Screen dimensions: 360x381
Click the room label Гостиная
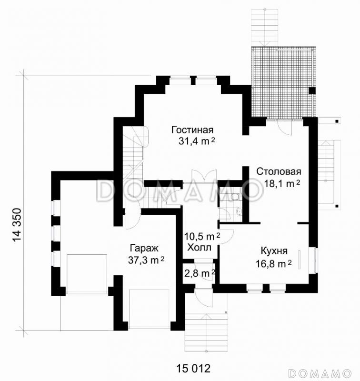coord(192,130)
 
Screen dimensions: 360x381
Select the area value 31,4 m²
coord(197,141)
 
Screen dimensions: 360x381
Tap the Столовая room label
coord(279,171)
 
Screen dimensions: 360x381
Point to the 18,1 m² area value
coord(282,184)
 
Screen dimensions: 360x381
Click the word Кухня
coord(274,251)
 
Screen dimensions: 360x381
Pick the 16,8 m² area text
coord(274,263)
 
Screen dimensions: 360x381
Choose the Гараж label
coord(144,249)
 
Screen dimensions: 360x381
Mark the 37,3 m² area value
coord(146,260)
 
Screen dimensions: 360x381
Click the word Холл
coord(200,248)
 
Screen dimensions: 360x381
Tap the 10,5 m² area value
coord(202,236)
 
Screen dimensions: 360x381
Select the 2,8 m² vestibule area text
coord(200,273)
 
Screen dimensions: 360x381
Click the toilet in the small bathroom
coord(235,196)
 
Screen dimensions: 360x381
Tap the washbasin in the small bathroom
coord(239,211)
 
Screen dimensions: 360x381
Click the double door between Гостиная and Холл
coord(203,176)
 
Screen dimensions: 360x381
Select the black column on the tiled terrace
coord(312,90)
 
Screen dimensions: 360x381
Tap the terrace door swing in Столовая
coord(285,127)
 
